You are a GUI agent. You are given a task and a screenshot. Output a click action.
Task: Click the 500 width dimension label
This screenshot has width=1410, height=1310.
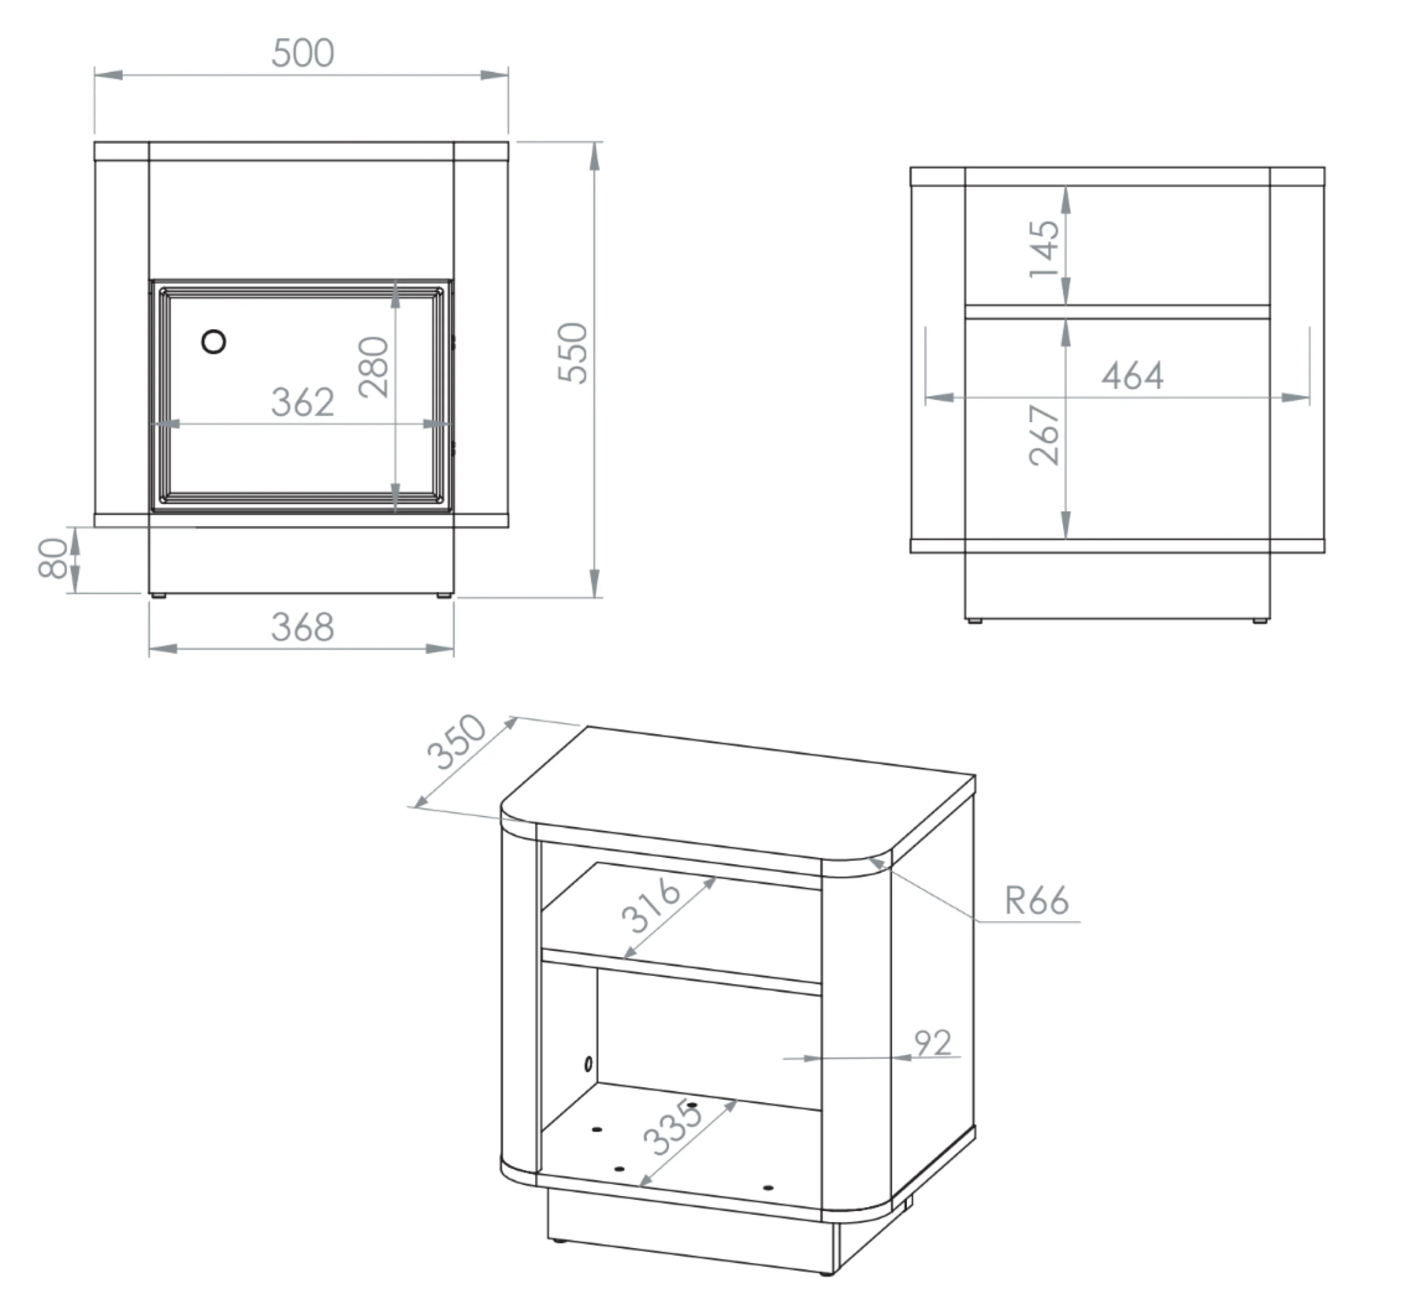point(303,53)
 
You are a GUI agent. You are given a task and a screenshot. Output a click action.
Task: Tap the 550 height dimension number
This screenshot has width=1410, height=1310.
point(572,353)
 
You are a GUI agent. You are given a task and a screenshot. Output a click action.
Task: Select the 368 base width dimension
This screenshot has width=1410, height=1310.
point(303,627)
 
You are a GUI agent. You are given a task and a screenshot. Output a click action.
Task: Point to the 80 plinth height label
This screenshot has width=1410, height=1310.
point(52,559)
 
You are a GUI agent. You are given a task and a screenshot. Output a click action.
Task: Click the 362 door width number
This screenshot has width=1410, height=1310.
point(303,402)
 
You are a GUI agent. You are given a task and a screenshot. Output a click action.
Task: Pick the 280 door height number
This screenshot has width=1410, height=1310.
point(374,367)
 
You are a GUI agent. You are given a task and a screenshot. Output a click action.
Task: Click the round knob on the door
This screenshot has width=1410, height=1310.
point(214,342)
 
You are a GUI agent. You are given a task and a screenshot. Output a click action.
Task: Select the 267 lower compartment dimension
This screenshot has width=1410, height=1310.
point(1045,435)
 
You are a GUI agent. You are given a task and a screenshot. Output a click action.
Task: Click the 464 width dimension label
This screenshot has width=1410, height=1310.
point(1133,376)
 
